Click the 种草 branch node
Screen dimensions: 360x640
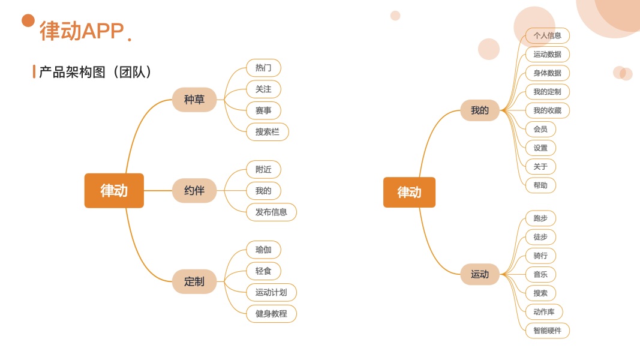pyautogui.click(x=194, y=100)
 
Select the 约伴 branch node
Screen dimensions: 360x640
pyautogui.click(x=194, y=191)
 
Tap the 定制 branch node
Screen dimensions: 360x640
pyautogui.click(x=194, y=281)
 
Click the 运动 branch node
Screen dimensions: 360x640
pyautogui.click(x=479, y=274)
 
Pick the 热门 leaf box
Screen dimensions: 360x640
pyautogui.click(x=263, y=68)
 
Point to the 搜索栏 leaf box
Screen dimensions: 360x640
pyautogui.click(x=267, y=132)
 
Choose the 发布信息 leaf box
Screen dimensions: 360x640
pyautogui.click(x=271, y=212)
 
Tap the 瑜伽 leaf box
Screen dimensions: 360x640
pyautogui.click(x=263, y=250)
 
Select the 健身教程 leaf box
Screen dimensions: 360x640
pyautogui.click(x=271, y=313)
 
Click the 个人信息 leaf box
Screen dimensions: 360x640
pyautogui.click(x=547, y=35)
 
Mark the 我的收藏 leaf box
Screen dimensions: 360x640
pyautogui.click(x=547, y=110)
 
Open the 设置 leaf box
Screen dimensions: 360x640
pyautogui.click(x=540, y=148)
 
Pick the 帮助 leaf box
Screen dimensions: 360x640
pyautogui.click(x=540, y=185)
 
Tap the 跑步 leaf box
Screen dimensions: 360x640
pyautogui.click(x=540, y=218)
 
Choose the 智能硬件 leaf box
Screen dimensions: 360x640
pyautogui.click(x=547, y=330)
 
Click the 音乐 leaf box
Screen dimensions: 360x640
pyautogui.click(x=540, y=274)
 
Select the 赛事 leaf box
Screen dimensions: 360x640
pyautogui.click(x=263, y=110)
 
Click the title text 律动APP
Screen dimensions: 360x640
pyautogui.click(x=82, y=31)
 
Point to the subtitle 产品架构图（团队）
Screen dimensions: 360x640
pyautogui.click(x=95, y=72)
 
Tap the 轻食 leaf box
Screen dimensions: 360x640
pyautogui.click(x=263, y=271)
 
